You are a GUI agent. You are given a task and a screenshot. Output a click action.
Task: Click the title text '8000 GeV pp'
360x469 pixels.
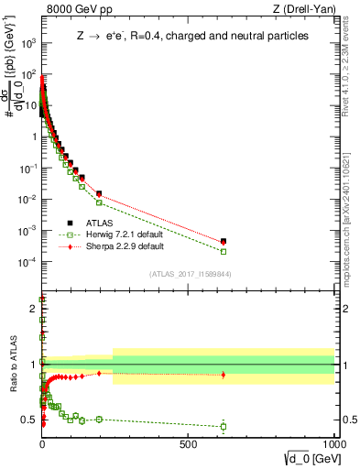coord(75,10)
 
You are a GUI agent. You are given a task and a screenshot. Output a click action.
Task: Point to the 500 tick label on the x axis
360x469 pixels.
coord(188,442)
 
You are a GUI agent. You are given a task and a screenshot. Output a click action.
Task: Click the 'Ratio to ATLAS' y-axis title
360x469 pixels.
coord(12,364)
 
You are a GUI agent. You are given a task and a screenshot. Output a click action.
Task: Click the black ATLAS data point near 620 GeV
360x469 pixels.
coord(224,241)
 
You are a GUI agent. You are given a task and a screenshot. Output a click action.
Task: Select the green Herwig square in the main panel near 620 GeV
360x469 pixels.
coord(224,251)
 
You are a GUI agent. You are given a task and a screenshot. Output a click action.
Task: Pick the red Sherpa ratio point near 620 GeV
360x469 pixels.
coord(224,375)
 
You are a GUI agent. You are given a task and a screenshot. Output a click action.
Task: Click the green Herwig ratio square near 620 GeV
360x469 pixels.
coord(224,426)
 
